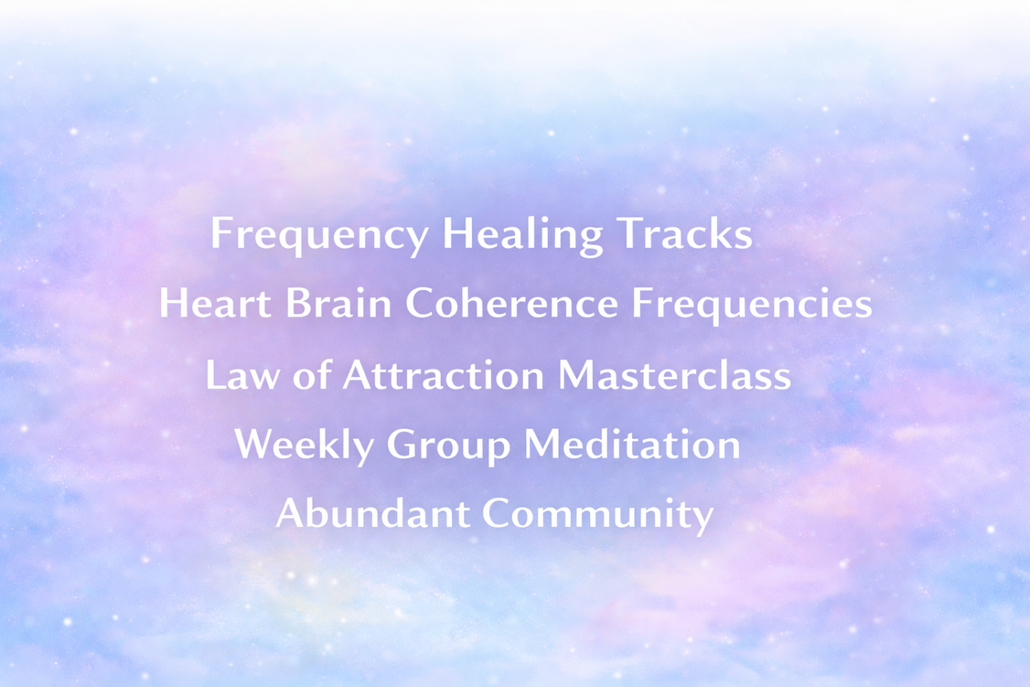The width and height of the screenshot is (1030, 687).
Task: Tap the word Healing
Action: (x=522, y=235)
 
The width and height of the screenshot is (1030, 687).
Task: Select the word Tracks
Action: (x=685, y=233)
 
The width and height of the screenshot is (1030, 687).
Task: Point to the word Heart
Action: (x=215, y=302)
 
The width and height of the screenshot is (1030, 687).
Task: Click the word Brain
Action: (x=338, y=302)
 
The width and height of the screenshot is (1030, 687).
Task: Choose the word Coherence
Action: (x=512, y=302)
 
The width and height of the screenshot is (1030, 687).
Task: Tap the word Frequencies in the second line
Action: (x=752, y=306)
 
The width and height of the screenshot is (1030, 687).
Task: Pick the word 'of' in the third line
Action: (x=312, y=374)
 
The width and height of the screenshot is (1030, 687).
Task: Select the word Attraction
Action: (x=443, y=374)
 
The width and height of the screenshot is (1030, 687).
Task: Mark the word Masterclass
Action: (x=674, y=374)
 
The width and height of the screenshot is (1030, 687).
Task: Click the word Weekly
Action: (x=304, y=445)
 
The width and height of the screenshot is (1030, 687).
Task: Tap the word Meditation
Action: (x=632, y=444)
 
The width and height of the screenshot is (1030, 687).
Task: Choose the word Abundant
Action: (x=373, y=512)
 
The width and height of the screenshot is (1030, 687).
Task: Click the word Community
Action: (x=598, y=515)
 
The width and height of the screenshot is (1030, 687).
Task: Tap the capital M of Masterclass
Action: (x=577, y=375)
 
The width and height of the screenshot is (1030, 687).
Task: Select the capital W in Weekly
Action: (x=255, y=444)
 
